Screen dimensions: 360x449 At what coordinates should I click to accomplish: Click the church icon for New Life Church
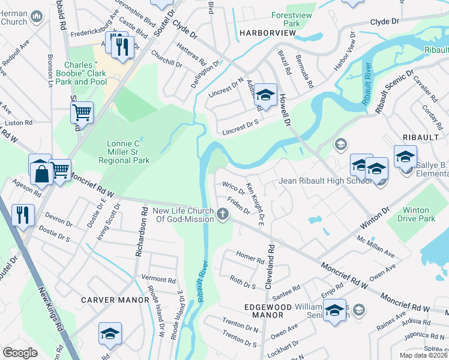pyautogui.click(x=223, y=214)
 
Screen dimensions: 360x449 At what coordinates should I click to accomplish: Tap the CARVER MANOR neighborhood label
pyautogui.click(x=115, y=299)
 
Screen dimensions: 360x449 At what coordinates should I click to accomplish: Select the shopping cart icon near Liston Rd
pyautogui.click(x=82, y=112)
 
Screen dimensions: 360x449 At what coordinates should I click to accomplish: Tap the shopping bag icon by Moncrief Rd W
pyautogui.click(x=40, y=173)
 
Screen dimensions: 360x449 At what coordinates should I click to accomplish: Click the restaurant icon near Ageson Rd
pyautogui.click(x=23, y=215)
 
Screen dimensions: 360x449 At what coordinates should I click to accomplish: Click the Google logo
pyautogui.click(x=20, y=353)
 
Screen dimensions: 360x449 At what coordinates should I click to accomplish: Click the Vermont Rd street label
pyautogui.click(x=158, y=280)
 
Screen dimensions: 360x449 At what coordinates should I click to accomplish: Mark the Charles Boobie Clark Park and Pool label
pyautogui.click(x=85, y=72)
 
